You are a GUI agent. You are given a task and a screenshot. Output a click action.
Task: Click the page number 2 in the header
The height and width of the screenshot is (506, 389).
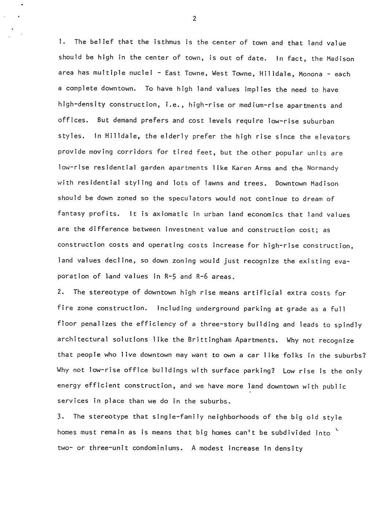click(194, 19)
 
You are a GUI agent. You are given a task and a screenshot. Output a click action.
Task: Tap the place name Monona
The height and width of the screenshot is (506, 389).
click(311, 74)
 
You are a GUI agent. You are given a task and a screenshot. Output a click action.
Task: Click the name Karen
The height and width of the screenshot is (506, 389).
click(240, 168)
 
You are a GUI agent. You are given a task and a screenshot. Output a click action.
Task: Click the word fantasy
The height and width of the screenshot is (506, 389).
click(71, 214)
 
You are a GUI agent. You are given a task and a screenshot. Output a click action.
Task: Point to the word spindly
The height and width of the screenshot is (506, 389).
click(348, 325)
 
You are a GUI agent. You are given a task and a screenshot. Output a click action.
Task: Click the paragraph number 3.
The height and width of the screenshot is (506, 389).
click(60, 417)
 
